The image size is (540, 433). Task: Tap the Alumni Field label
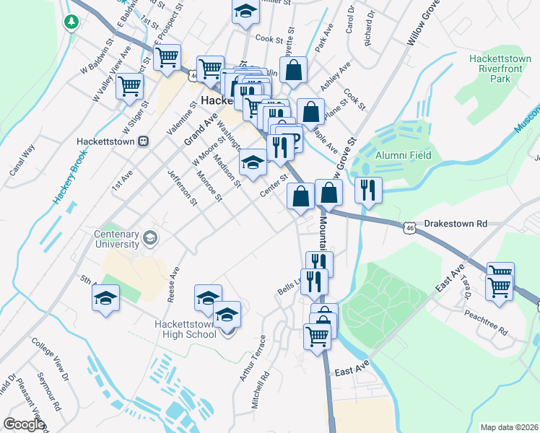[x=404, y=155]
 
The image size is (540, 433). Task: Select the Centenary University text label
[x=116, y=239]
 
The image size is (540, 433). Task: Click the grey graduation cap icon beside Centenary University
[x=150, y=237]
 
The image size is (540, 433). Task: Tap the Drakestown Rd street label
[x=458, y=224]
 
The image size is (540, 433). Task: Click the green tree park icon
[x=71, y=22]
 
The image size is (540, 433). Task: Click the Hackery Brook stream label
[x=71, y=179]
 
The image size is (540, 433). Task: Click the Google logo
[x=24, y=425]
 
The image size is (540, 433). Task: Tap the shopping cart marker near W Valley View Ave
[x=130, y=87]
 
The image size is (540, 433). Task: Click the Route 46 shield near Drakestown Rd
[x=409, y=228]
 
